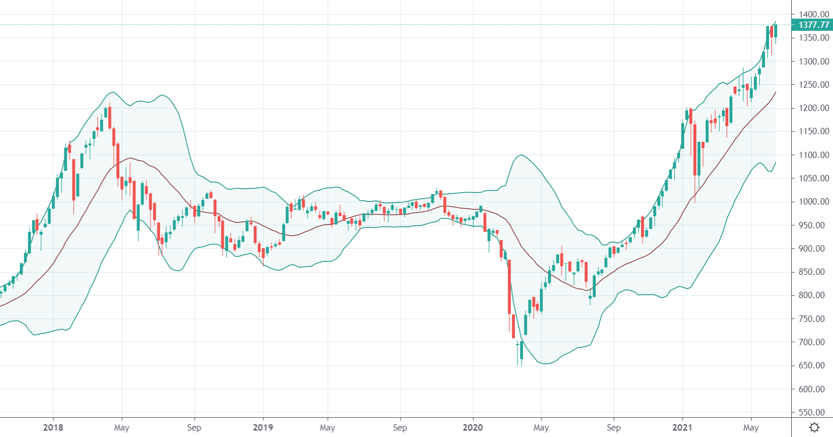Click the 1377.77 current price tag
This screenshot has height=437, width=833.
[x=813, y=25]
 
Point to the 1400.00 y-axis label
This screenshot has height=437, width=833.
[x=813, y=15]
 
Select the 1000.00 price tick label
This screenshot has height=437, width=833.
[x=813, y=202]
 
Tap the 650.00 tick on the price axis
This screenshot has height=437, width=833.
[x=813, y=366]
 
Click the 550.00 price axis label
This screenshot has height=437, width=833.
[x=813, y=413]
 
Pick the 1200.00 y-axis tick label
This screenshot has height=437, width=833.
[x=813, y=108]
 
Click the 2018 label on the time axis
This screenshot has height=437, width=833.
[x=53, y=427]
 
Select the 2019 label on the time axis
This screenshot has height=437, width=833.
[x=263, y=427]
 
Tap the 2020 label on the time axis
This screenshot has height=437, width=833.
[x=473, y=427]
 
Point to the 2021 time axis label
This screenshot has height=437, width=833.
[x=682, y=427]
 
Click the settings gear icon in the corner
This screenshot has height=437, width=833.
[x=814, y=427]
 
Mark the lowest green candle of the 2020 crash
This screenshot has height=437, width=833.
[x=521, y=350]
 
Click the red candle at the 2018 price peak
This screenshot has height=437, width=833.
[x=109, y=117]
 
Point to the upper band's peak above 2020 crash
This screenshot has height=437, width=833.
[x=521, y=155]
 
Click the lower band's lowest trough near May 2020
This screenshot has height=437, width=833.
[x=544, y=364]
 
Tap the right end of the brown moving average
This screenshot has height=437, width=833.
[x=775, y=92]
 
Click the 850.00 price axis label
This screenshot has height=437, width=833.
[x=813, y=272]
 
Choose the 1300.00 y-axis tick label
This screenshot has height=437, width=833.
[x=813, y=62]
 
